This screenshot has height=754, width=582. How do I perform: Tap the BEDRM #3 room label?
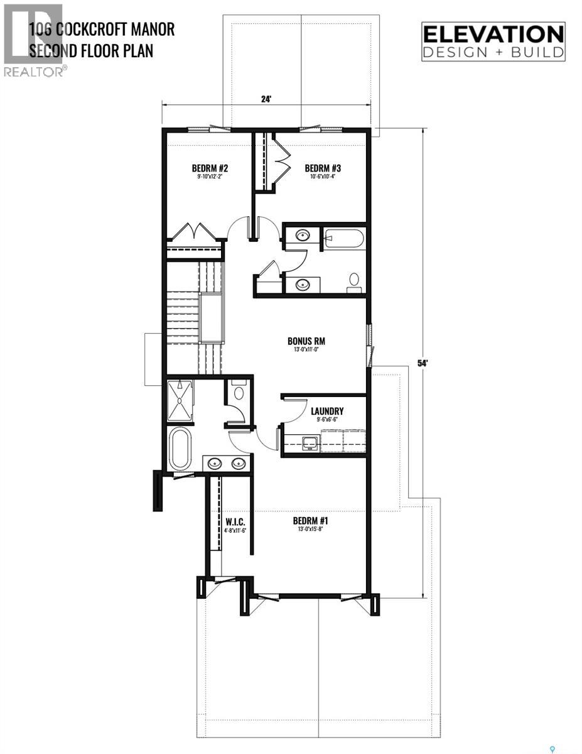point(323,168)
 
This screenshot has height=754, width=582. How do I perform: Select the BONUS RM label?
point(306,342)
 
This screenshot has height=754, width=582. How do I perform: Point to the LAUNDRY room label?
point(327,412)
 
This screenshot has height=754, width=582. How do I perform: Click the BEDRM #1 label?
point(311,521)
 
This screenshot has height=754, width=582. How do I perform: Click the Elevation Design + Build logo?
point(493,41)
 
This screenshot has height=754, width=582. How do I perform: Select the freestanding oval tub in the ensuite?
point(180,449)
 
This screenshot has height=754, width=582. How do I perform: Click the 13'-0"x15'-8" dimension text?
point(311,529)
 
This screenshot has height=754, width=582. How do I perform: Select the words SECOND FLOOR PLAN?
point(91,50)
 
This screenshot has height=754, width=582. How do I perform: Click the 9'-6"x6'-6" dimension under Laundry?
point(327,420)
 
